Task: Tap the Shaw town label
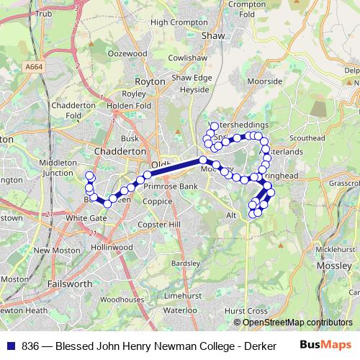coord(213,35)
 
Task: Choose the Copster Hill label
coord(158,225)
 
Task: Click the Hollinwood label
coord(112,246)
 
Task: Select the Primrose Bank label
coord(170,186)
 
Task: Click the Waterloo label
coord(180,310)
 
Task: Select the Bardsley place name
coord(186,263)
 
